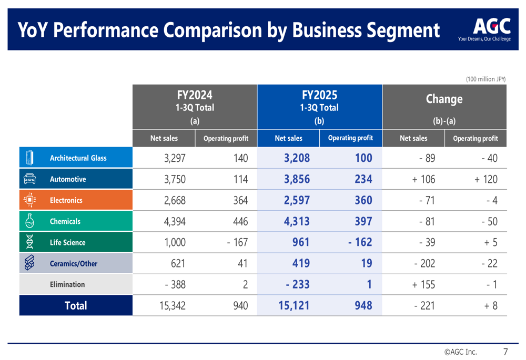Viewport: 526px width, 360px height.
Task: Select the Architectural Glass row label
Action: (78, 158)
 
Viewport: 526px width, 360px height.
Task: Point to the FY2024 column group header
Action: (195, 107)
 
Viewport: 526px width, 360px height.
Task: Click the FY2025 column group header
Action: (319, 107)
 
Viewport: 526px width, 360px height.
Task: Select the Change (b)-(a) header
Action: (444, 107)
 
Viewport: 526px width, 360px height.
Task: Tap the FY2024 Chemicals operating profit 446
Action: (240, 221)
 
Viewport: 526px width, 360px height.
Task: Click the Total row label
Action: (76, 305)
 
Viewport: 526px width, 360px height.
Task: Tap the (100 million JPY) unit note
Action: (485, 79)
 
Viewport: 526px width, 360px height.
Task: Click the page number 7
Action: (505, 351)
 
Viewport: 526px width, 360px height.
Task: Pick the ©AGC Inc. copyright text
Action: (460, 352)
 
